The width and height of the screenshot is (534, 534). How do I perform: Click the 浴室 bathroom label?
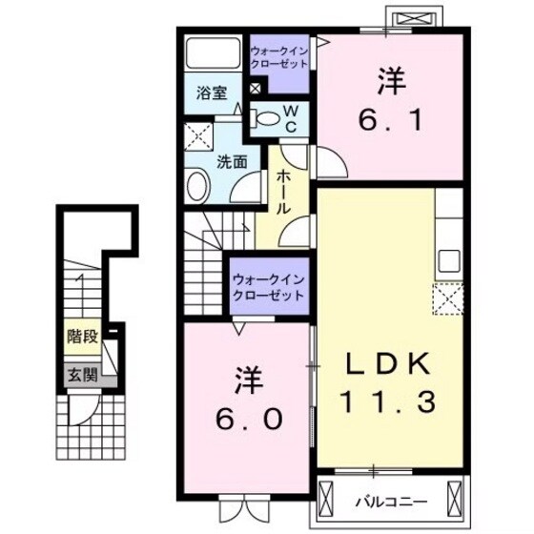pos(212,93)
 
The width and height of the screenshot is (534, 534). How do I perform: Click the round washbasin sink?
pos(195,185)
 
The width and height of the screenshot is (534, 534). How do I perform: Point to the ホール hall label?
pos(285,192)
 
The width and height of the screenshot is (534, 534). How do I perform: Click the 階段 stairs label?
pos(81,336)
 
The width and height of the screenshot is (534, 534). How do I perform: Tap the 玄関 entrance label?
pos(81,374)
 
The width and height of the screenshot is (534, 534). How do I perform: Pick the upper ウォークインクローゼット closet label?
pos(280,57)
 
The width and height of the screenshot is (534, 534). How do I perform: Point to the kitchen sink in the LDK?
pos(447,260)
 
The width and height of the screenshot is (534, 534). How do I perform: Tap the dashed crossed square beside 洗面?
pos(198,137)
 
